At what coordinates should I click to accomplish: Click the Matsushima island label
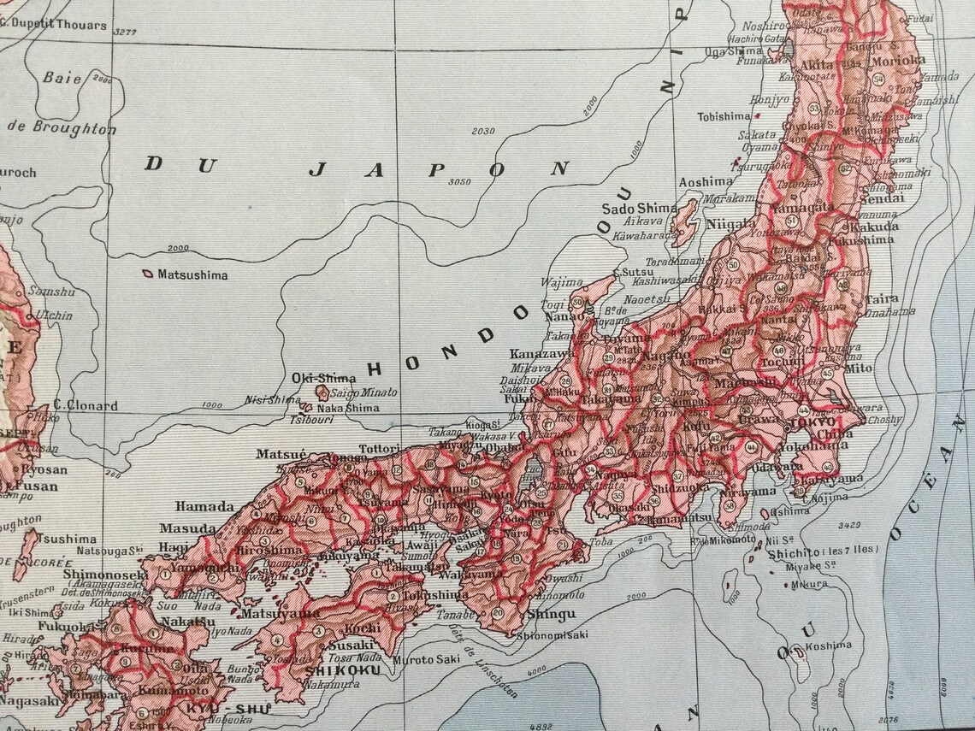192,275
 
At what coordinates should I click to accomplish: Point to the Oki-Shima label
311,378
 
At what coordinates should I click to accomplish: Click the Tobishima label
724,116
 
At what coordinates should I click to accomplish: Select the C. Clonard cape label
86,406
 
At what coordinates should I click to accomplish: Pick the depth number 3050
460,181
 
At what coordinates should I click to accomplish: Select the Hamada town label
204,506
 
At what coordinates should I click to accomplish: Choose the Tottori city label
379,448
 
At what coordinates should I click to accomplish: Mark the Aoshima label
705,182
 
